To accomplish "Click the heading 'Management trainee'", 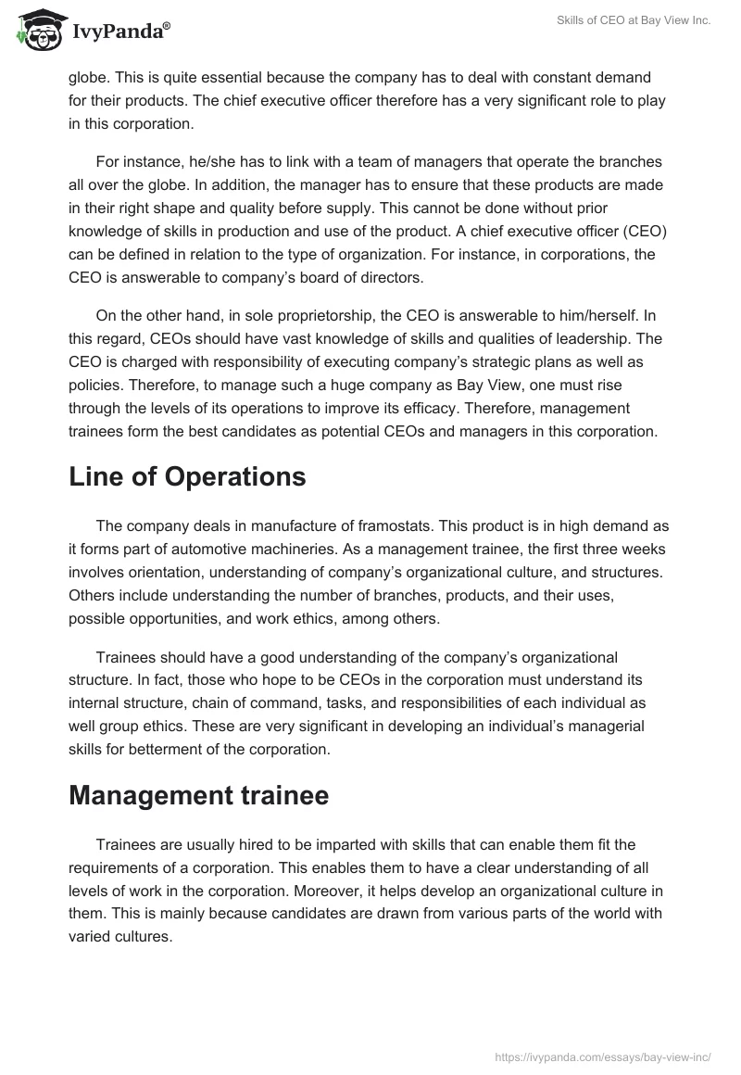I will point(198,795).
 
